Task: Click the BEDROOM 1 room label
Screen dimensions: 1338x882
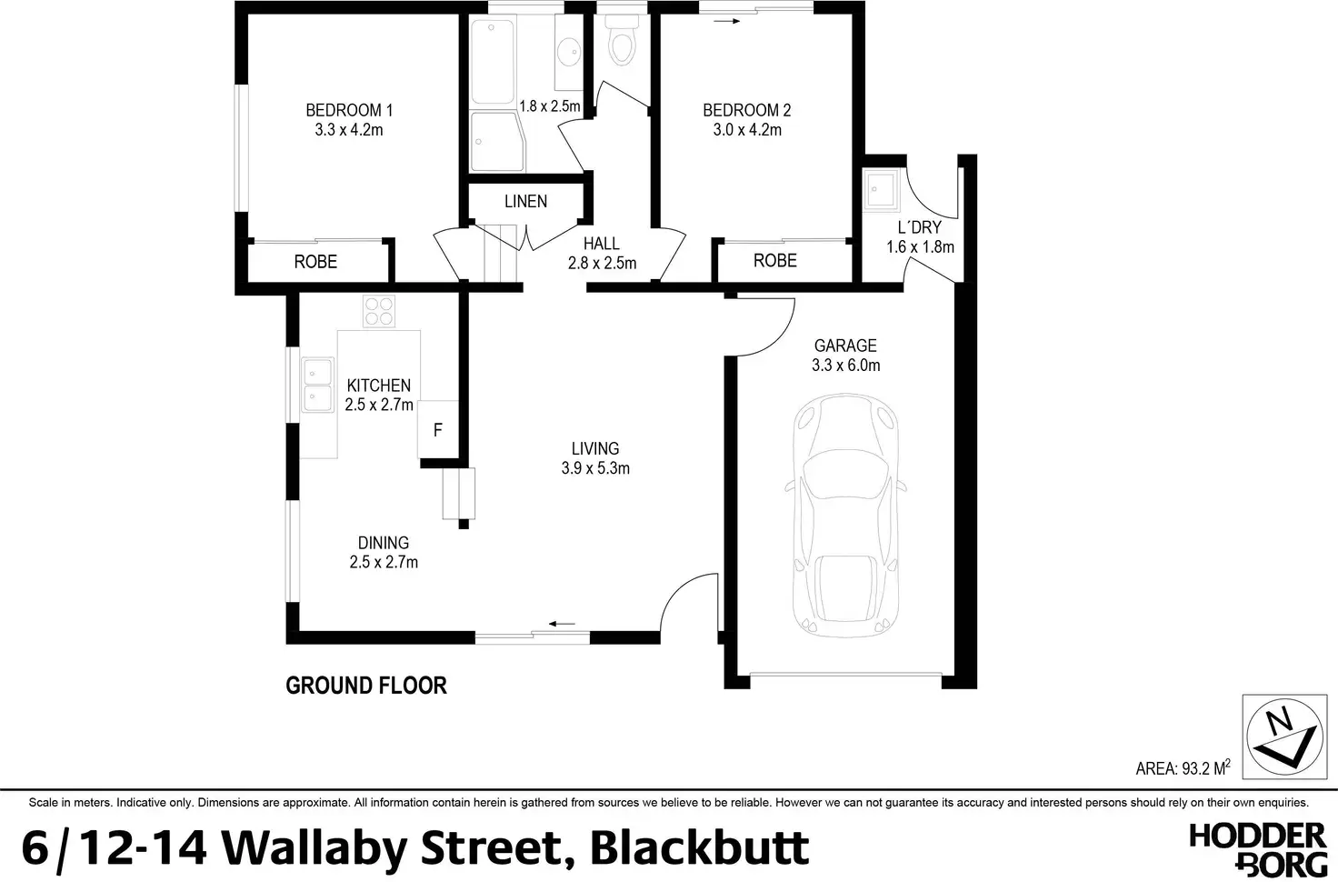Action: pyautogui.click(x=349, y=111)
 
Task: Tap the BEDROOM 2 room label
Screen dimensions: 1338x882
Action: pyautogui.click(x=746, y=111)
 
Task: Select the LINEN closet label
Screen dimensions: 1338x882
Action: pyautogui.click(x=525, y=201)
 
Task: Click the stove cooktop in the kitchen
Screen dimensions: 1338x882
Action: pyautogui.click(x=378, y=312)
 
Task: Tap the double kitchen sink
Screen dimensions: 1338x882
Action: pyautogui.click(x=317, y=385)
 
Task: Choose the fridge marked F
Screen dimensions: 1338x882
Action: pyautogui.click(x=437, y=430)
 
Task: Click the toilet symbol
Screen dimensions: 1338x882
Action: pyautogui.click(x=623, y=43)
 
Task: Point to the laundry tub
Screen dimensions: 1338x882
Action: pyautogui.click(x=881, y=190)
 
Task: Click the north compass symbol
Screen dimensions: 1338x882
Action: pyautogui.click(x=1281, y=737)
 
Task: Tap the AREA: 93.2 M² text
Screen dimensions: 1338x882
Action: pyautogui.click(x=1183, y=768)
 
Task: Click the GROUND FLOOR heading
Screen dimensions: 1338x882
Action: pyautogui.click(x=366, y=686)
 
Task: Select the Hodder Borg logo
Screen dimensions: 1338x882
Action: pyautogui.click(x=1257, y=848)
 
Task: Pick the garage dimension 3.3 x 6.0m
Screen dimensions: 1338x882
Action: pyautogui.click(x=845, y=366)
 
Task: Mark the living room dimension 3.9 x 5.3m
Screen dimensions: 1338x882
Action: pyautogui.click(x=595, y=468)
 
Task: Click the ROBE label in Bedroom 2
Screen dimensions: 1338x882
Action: pyautogui.click(x=774, y=261)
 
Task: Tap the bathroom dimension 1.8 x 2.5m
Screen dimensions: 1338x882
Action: pyautogui.click(x=549, y=105)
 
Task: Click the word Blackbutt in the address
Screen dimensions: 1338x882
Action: pyautogui.click(x=700, y=847)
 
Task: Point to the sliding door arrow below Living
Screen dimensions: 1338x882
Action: pyautogui.click(x=563, y=625)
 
